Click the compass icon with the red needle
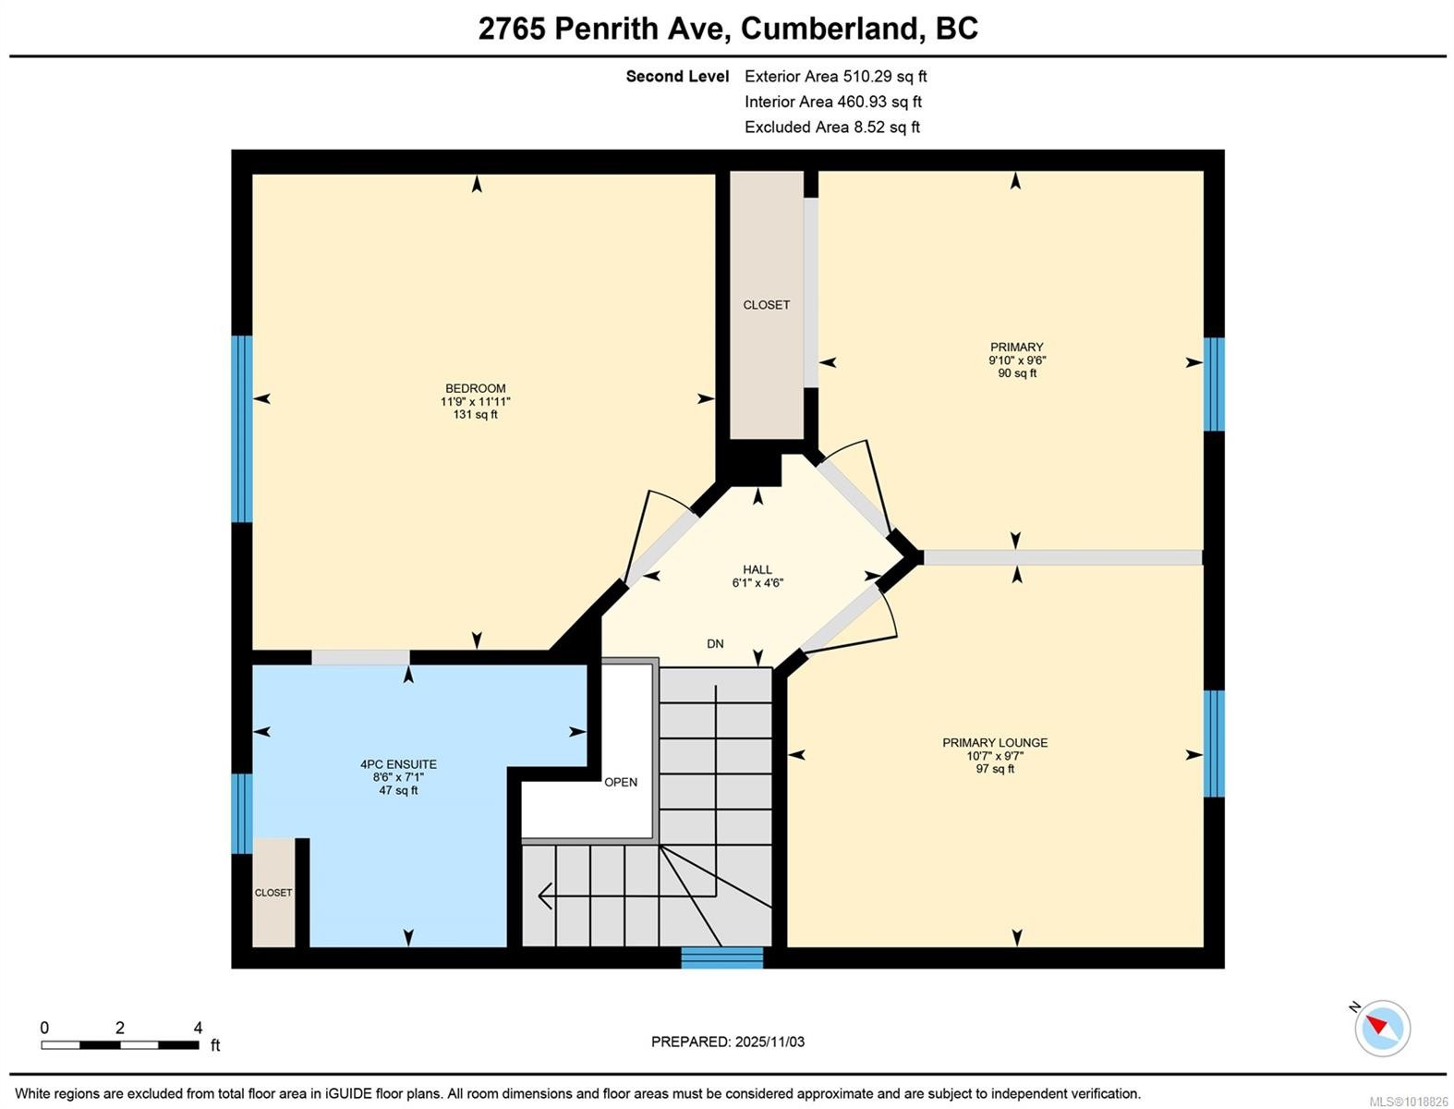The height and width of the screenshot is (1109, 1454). [x=1382, y=1028]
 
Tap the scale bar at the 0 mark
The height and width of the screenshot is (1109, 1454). [x=42, y=1044]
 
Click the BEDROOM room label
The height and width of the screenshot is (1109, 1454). [x=475, y=389]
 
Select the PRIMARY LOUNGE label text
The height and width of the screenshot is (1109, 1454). [x=995, y=742]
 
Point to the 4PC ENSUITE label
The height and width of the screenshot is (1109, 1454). [x=398, y=764]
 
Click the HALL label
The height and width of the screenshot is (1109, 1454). [x=757, y=569]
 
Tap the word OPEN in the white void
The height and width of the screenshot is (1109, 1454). [x=621, y=782]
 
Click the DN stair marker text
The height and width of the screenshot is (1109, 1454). [x=715, y=643]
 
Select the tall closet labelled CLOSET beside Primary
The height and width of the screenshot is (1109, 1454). [x=767, y=305]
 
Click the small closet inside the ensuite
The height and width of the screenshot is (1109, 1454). [x=273, y=892]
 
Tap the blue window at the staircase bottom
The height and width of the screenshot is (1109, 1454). [x=722, y=957]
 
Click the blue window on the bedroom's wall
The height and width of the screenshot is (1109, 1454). [x=241, y=429]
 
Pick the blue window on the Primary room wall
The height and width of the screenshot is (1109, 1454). [x=1214, y=384]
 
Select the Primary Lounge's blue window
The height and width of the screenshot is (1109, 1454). [x=1214, y=743]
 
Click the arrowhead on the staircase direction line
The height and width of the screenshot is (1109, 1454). [x=545, y=896]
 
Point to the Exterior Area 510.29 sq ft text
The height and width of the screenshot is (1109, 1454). [x=835, y=77]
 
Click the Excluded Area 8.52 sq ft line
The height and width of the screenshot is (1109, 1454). [x=831, y=128]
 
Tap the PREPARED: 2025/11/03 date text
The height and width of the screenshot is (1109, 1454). [x=728, y=1042]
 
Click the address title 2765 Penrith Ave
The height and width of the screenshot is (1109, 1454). [x=605, y=29]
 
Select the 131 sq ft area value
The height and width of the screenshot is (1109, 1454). [x=475, y=415]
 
